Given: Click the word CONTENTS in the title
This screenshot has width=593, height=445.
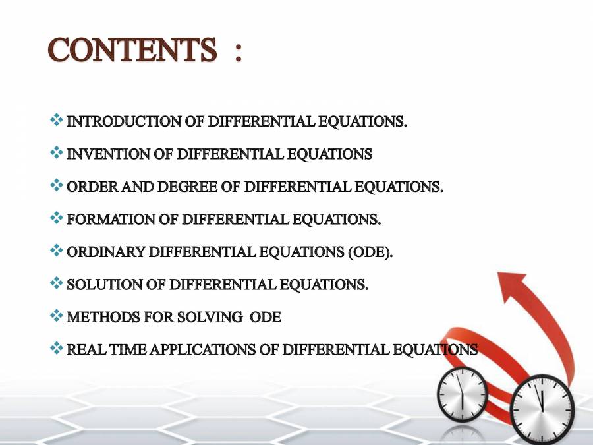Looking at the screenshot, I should coord(132,51).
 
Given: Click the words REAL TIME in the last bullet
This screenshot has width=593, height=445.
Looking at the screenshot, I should coord(107,350).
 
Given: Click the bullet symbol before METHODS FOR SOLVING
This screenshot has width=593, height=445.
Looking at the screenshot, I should coord(57,316).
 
